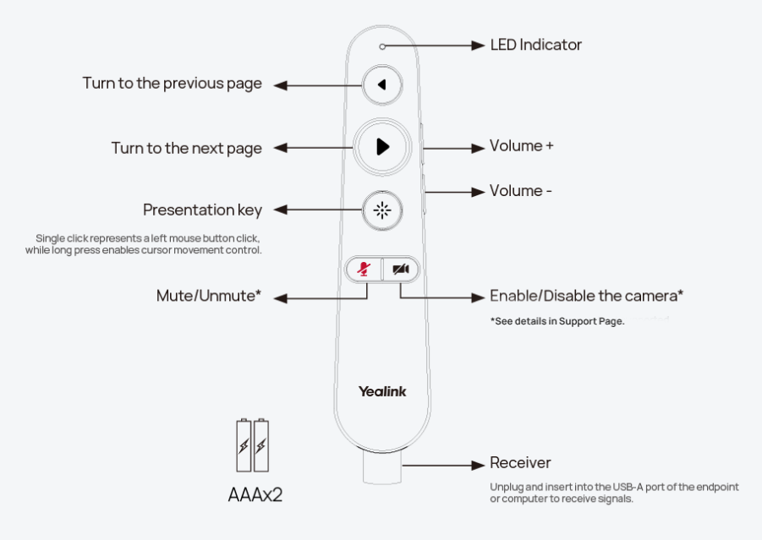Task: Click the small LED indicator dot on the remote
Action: [x=382, y=46]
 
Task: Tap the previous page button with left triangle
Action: [x=382, y=85]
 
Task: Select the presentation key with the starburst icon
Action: [x=382, y=210]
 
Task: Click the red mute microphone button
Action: [x=364, y=269]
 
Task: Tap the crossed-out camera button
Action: [x=401, y=269]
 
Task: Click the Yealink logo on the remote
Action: [x=382, y=391]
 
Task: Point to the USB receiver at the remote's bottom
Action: [x=382, y=467]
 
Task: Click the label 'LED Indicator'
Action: [x=535, y=45]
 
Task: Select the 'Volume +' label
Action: [x=521, y=145]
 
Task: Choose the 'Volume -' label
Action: [x=520, y=190]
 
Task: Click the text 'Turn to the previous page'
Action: [x=172, y=84]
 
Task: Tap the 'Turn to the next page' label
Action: [x=187, y=148]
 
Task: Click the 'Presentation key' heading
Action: [x=202, y=210]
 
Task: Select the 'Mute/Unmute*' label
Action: [x=209, y=296]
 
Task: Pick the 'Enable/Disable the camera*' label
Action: [x=586, y=296]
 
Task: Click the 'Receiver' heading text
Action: [x=520, y=463]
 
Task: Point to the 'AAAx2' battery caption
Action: [x=255, y=495]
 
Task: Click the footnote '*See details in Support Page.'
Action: [x=557, y=321]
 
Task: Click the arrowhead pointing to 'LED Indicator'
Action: [x=478, y=46]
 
